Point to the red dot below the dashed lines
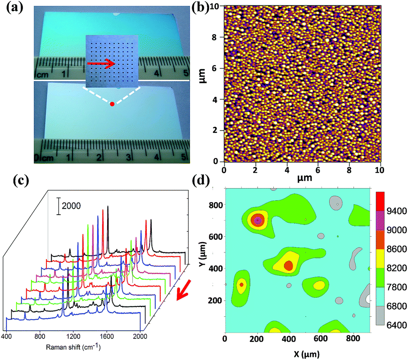[112, 104]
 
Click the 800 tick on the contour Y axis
[217, 205]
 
